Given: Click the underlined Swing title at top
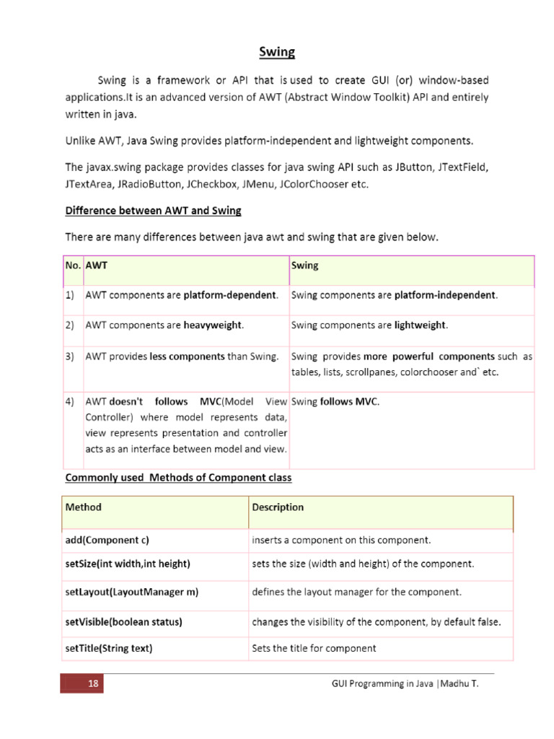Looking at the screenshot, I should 277,52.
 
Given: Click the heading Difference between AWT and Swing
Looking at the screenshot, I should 153,211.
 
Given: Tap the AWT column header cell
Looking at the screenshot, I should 97,265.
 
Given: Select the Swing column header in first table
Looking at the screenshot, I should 304,265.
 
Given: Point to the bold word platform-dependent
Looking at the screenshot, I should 230,295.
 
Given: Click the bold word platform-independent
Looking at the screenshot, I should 445,295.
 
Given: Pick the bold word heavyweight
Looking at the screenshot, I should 213,325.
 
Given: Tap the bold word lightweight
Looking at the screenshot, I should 421,325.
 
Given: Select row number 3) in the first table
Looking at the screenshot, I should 71,357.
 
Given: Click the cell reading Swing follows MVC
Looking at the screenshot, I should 335,401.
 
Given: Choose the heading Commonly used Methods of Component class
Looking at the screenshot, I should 178,478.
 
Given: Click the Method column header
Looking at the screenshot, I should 84,507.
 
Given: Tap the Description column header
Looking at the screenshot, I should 278,507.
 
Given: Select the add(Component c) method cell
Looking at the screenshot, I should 107,540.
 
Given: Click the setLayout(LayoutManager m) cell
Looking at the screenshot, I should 131,592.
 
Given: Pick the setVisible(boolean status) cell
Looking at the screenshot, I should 123,621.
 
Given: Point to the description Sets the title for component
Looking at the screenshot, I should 314,648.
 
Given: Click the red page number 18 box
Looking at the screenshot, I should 83,683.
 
